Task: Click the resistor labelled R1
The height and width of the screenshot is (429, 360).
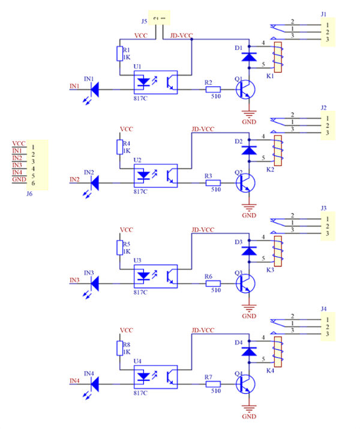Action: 119,54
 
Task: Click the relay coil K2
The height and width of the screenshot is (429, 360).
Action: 278,150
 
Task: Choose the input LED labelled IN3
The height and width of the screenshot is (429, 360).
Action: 94,280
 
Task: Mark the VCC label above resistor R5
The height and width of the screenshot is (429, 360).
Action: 126,230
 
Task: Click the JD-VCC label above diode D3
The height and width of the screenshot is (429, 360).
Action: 203,230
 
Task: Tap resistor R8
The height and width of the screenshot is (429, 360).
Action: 119,349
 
